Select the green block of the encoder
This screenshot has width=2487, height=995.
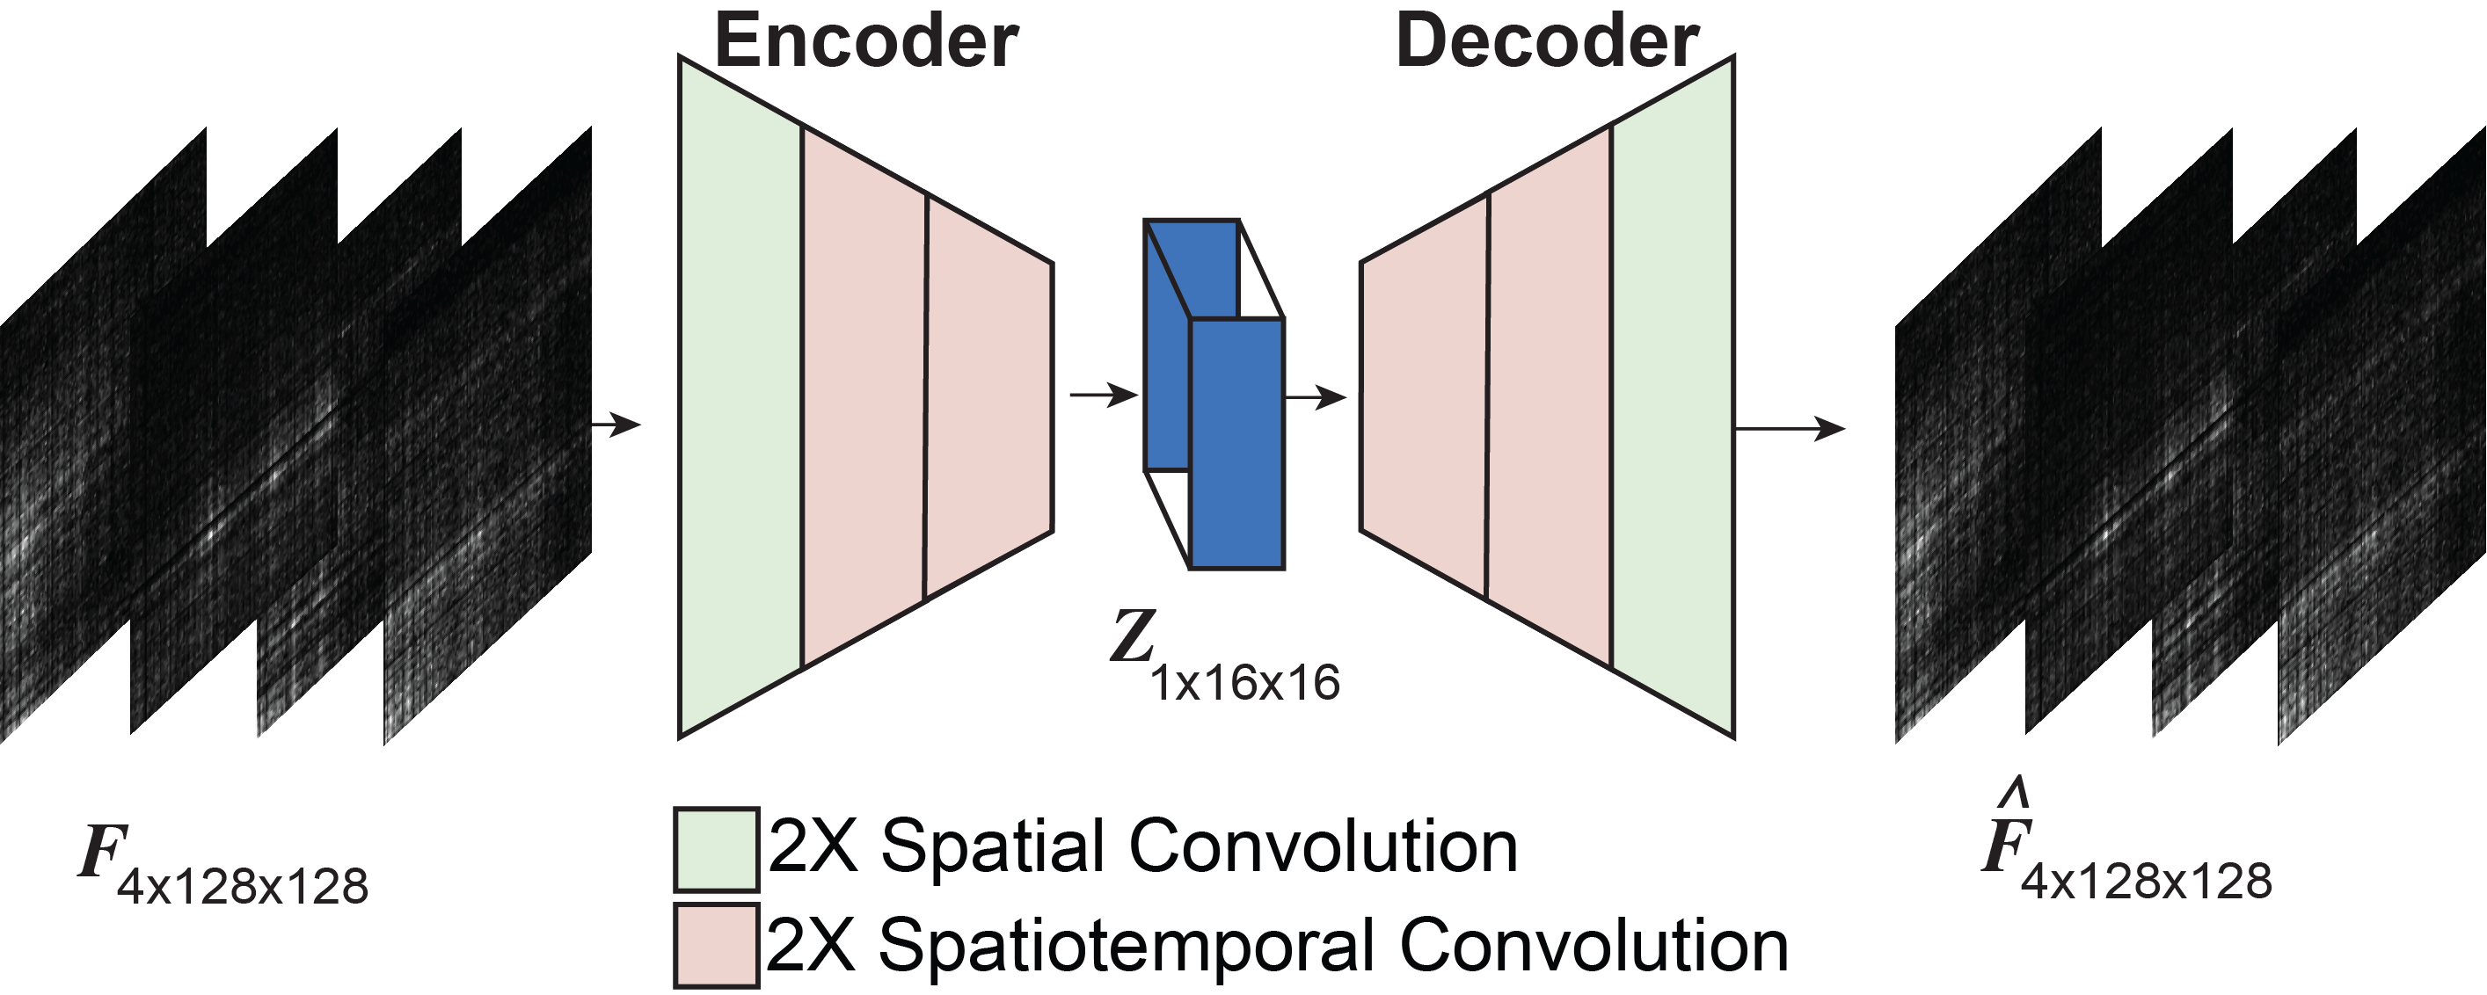point(740,396)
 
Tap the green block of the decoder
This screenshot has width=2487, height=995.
point(1674,396)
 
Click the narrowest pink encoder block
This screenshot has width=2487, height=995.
point(988,396)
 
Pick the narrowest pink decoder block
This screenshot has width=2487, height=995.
point(1424,396)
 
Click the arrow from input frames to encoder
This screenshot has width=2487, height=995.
point(615,424)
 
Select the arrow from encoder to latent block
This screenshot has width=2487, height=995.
point(1105,395)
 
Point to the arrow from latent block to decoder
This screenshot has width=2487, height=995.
point(1315,396)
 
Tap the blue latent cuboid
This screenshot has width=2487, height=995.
point(1214,394)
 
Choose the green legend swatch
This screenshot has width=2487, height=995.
point(715,848)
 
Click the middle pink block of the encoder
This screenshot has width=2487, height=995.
point(864,396)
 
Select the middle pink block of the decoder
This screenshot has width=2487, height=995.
point(1550,396)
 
